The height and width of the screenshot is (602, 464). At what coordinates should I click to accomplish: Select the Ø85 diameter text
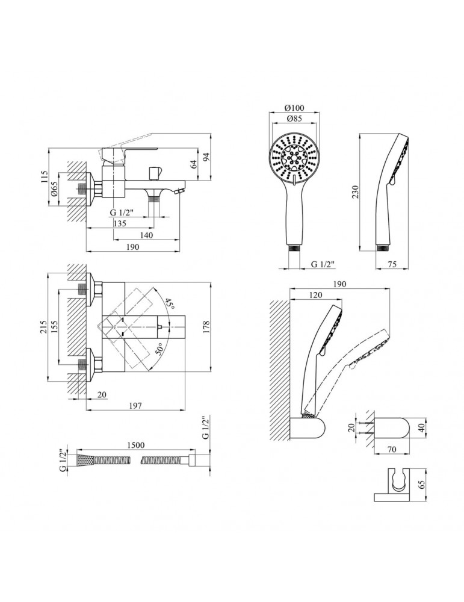294,119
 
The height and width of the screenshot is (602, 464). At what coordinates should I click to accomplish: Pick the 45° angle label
172,305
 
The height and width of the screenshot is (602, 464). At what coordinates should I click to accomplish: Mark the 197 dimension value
135,406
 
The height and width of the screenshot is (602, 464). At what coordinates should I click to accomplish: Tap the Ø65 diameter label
54,191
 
